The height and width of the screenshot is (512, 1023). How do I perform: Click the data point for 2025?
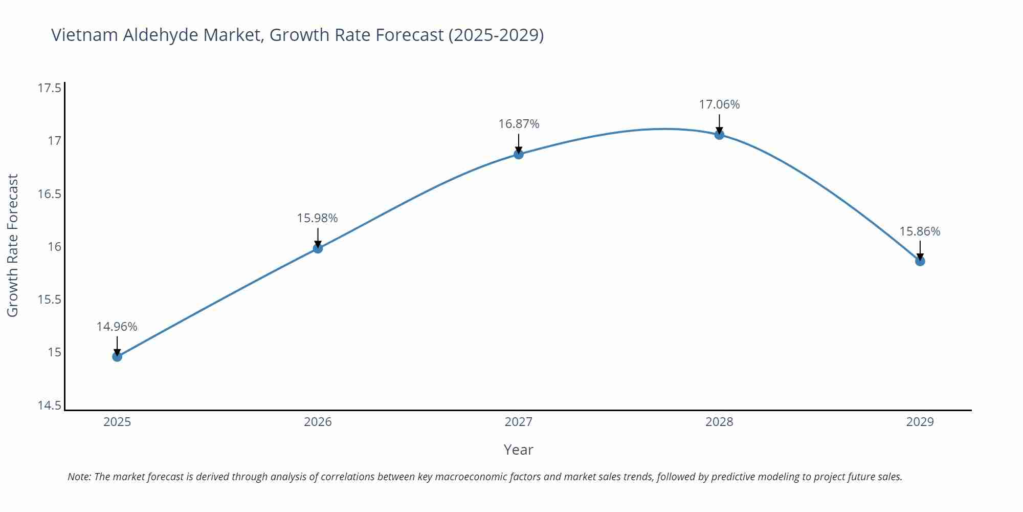point(117,356)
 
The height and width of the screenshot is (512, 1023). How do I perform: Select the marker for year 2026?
point(318,248)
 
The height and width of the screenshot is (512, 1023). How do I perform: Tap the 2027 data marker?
point(519,154)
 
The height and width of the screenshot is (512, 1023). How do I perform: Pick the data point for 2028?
point(719,135)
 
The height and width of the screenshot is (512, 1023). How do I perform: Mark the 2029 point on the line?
point(920,261)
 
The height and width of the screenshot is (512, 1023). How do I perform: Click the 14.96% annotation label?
point(117,327)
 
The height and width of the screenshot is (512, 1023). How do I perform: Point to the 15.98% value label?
point(318,218)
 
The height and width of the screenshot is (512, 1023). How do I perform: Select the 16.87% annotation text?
point(519,124)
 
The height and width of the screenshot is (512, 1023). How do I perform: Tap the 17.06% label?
point(719,104)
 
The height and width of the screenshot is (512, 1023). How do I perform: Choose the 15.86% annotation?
point(920,231)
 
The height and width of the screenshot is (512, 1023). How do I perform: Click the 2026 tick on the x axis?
point(318,422)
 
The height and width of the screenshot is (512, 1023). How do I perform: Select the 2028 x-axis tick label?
point(719,422)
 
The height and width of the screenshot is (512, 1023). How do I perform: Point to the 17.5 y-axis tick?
point(49,88)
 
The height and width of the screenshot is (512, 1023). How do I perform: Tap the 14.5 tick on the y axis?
point(49,406)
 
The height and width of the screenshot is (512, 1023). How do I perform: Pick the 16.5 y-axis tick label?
point(49,194)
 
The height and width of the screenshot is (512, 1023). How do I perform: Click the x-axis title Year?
point(518,450)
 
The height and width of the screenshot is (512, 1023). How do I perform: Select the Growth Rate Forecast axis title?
point(12,245)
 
